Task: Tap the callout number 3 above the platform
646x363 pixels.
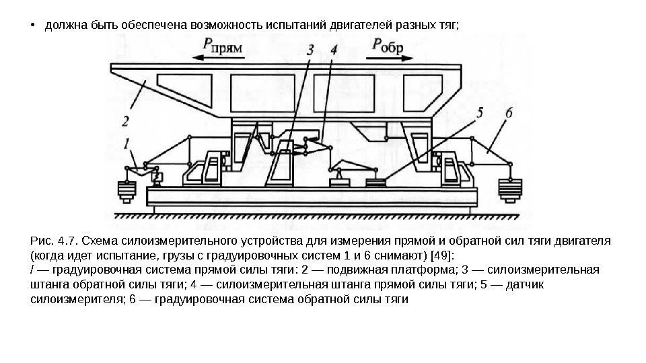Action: pyautogui.click(x=309, y=49)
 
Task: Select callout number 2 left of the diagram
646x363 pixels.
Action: pyautogui.click(x=125, y=122)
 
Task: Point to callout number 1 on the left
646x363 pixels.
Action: pyautogui.click(x=127, y=142)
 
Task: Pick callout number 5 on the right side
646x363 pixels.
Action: pyautogui.click(x=479, y=114)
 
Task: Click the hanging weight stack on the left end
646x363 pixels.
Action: pyautogui.click(x=127, y=191)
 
